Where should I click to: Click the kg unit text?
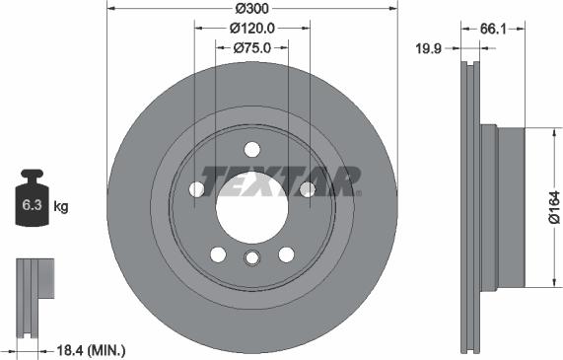[x=61, y=207]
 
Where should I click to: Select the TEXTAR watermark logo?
[x=280, y=181]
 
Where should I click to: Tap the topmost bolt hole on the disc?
[x=251, y=150]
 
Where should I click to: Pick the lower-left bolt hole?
[x=217, y=254]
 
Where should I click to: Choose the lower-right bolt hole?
[x=286, y=254]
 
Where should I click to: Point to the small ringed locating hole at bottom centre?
[x=251, y=258]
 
